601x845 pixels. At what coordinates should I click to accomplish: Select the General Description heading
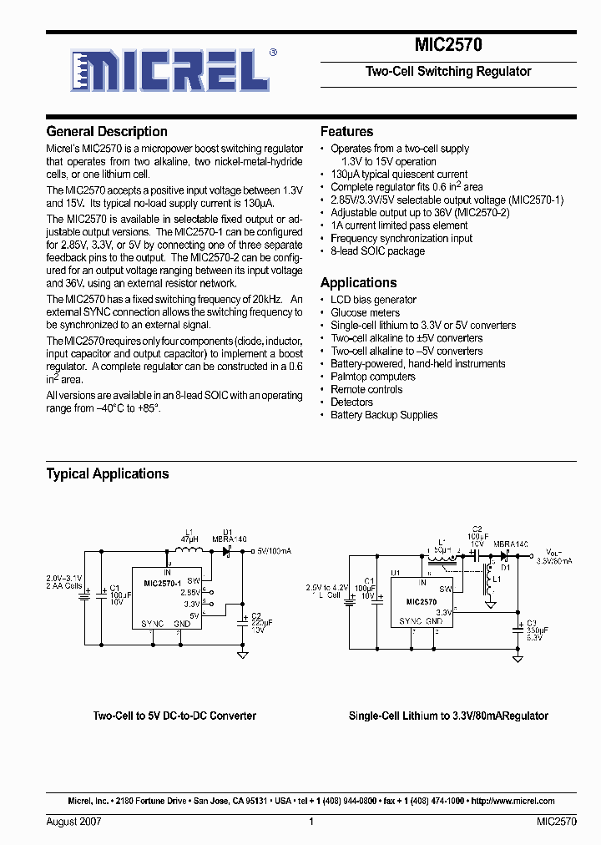[107, 131]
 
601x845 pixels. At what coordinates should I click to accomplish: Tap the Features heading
[346, 131]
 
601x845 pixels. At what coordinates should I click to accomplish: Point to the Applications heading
[358, 282]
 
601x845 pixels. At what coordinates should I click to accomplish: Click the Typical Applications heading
[107, 473]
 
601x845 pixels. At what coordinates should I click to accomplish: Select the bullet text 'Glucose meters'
[365, 312]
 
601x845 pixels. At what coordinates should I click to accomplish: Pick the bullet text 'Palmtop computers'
[372, 377]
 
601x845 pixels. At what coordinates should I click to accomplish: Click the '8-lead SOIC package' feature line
[377, 250]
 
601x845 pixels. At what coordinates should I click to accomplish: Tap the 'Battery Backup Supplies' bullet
[383, 415]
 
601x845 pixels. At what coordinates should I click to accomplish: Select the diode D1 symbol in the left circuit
[225, 551]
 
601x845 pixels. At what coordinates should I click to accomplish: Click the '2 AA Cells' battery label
[63, 586]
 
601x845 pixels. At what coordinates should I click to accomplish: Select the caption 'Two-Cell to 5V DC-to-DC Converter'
[174, 716]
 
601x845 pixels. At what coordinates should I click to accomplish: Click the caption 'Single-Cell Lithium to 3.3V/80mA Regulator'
[448, 716]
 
